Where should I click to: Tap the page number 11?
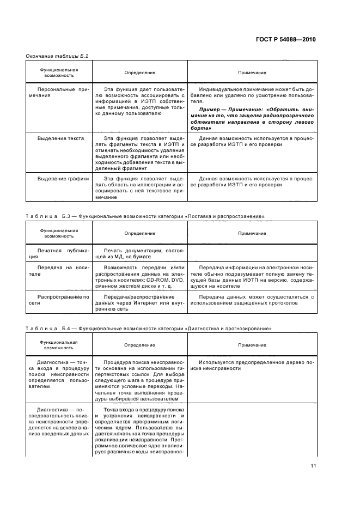313,465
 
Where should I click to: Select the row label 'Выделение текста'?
60,138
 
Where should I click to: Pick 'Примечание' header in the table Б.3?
252,233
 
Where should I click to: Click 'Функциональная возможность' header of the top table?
59,72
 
